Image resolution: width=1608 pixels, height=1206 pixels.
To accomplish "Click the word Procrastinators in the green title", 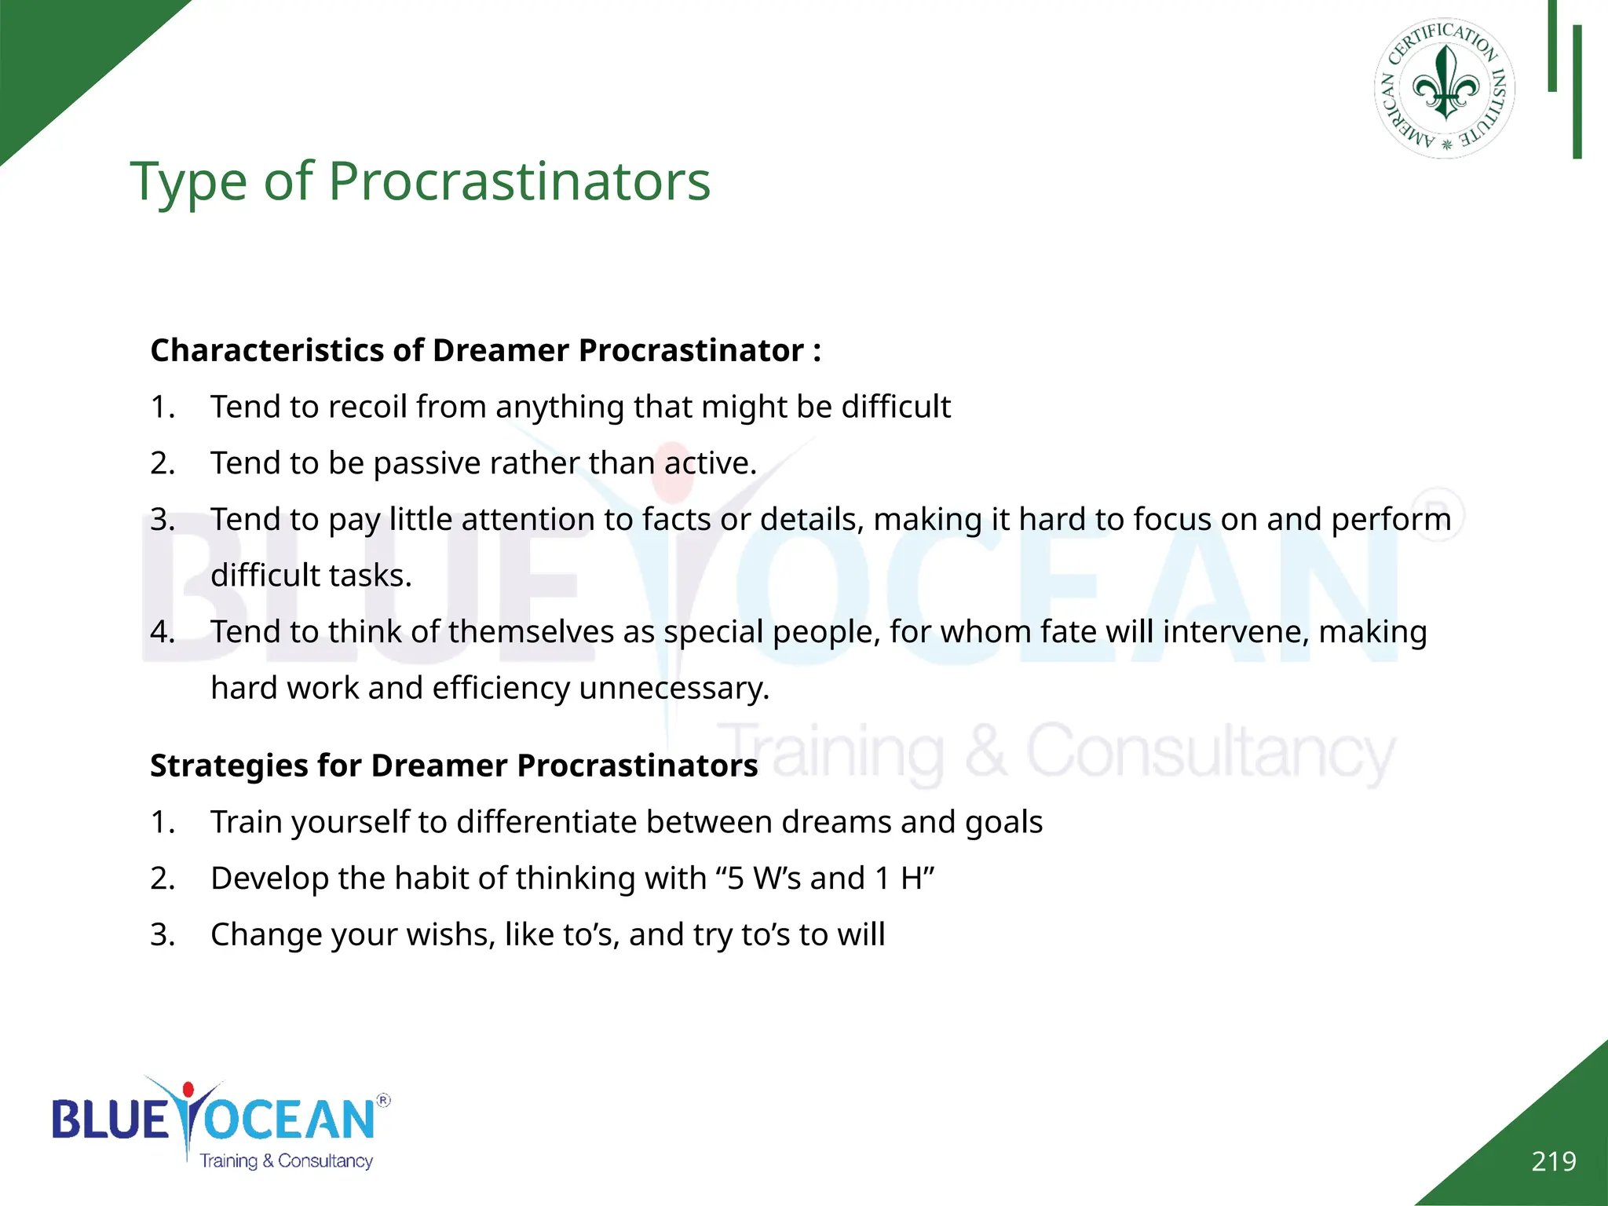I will click(x=519, y=181).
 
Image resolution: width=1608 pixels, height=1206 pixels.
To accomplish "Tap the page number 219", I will click(x=1553, y=1161).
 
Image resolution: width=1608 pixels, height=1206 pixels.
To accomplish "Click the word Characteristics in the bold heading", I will click(x=267, y=350).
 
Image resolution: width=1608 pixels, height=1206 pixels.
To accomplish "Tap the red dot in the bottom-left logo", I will click(x=188, y=1090).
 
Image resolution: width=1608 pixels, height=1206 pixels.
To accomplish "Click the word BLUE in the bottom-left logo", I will click(x=110, y=1120).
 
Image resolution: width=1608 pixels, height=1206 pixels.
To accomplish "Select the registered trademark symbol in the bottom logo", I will click(x=383, y=1100).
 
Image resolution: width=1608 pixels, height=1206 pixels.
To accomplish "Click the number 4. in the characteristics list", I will click(x=163, y=631).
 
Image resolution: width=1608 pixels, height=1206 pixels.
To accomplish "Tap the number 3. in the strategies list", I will click(x=163, y=934).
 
